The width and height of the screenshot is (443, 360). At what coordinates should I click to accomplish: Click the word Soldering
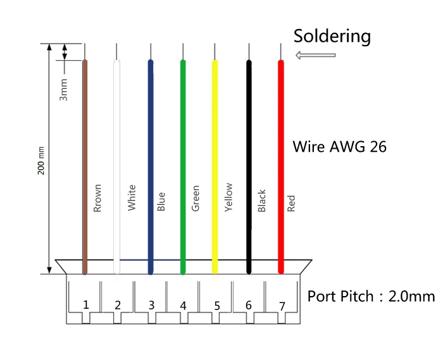click(332, 36)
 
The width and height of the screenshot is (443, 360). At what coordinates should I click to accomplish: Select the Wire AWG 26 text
click(339, 147)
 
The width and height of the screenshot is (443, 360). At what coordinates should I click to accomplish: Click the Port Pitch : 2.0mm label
click(371, 296)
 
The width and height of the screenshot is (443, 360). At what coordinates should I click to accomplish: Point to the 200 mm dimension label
click(41, 161)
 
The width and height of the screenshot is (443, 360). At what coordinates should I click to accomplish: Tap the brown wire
click(85, 127)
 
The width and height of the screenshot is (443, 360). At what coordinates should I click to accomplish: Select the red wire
click(281, 127)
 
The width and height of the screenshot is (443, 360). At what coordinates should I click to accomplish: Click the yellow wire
click(215, 127)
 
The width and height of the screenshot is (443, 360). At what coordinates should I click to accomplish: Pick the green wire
click(183, 127)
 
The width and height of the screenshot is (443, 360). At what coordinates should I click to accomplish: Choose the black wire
click(249, 127)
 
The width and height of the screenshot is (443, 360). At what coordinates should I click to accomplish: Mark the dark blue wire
click(151, 127)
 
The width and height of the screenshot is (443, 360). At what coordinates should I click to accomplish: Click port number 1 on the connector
click(85, 304)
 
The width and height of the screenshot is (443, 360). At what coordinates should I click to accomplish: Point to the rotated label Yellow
click(228, 197)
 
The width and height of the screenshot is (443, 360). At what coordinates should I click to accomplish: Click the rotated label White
click(132, 198)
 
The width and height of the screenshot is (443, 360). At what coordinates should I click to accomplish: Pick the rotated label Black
click(262, 201)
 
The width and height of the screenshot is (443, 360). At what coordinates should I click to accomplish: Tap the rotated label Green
click(196, 199)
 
